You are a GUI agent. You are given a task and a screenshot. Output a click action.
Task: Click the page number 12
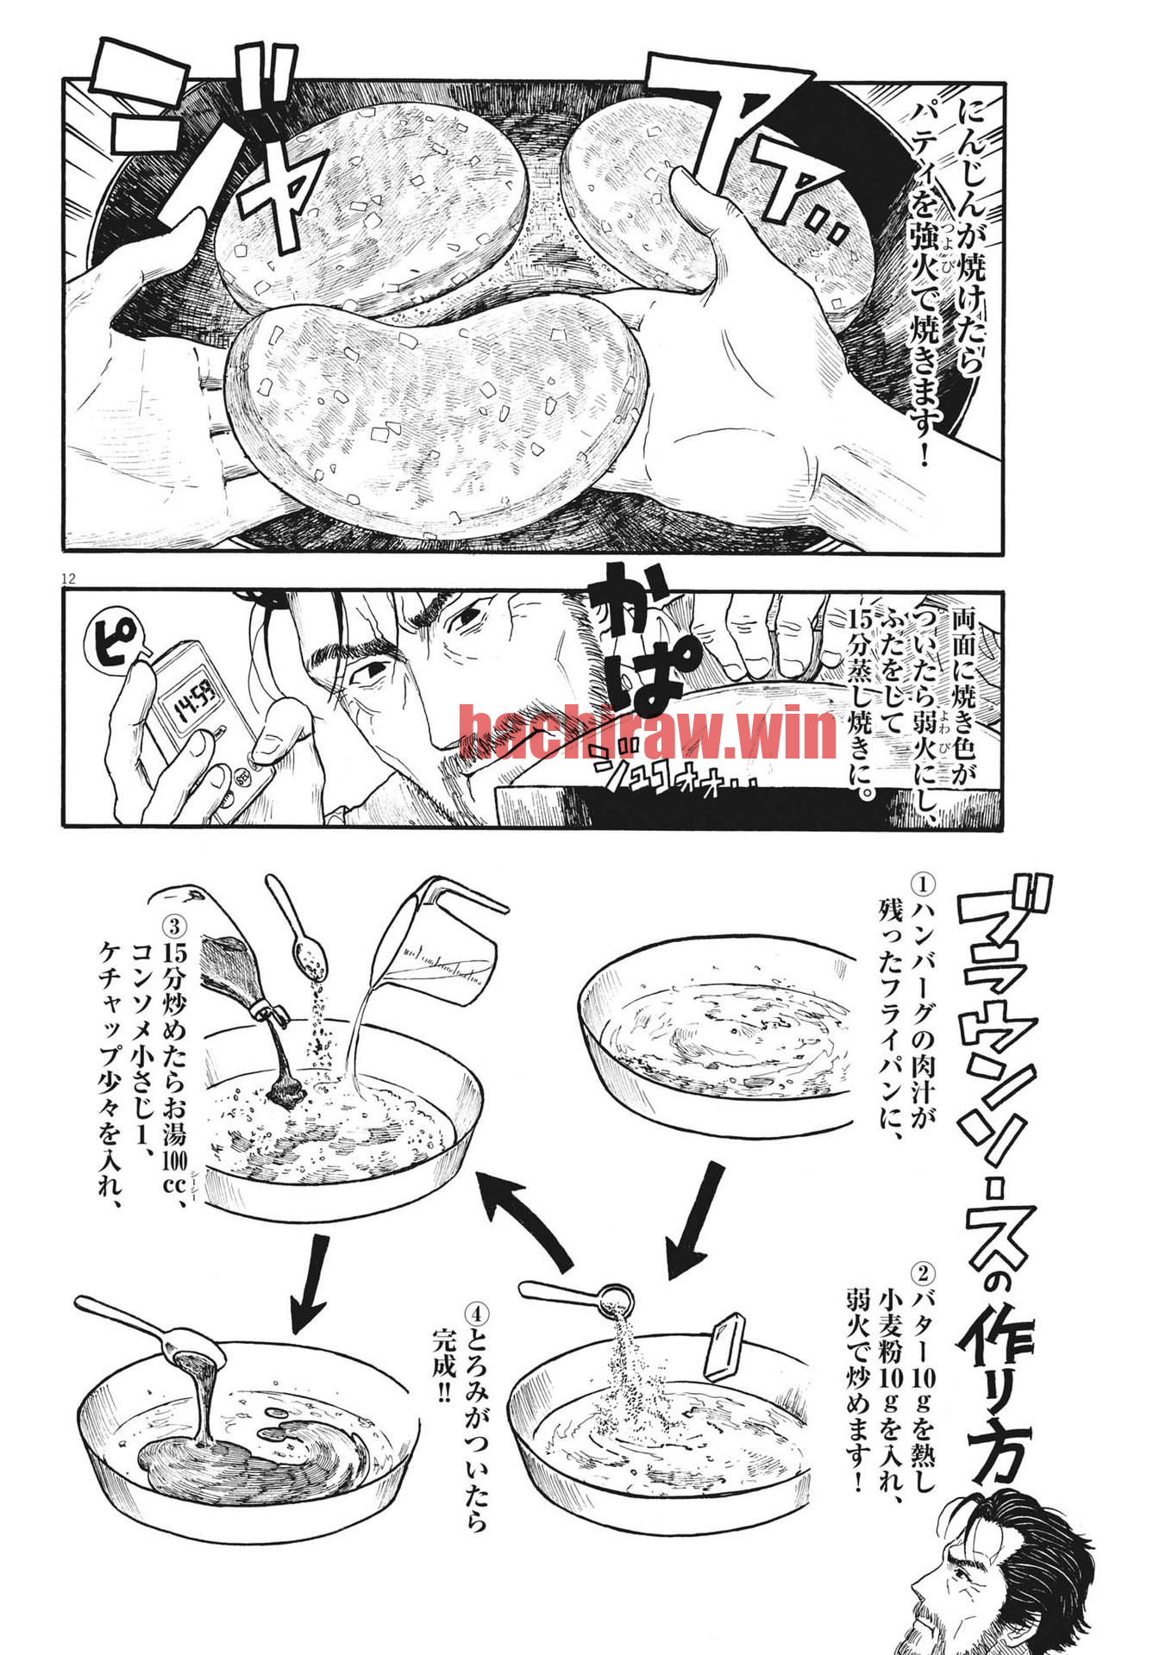click(x=69, y=578)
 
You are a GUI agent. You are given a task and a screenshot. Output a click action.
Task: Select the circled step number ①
click(x=922, y=884)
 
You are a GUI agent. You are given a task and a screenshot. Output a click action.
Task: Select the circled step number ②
click(x=922, y=1273)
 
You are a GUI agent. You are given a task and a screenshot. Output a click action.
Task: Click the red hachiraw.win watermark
click(x=647, y=732)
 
